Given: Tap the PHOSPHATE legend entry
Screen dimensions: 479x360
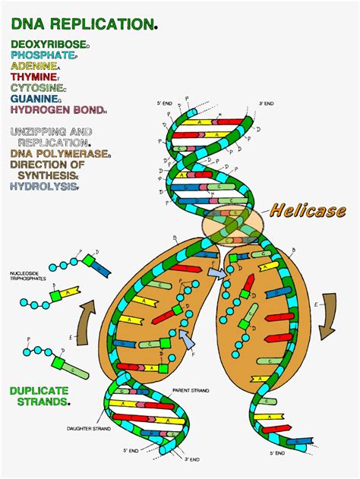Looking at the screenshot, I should coord(43,55).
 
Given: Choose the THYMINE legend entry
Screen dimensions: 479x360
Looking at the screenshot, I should coord(34,77).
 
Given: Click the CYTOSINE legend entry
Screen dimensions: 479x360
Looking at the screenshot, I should coord(37,87).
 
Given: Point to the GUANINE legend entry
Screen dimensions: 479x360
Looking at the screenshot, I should coord(35,98).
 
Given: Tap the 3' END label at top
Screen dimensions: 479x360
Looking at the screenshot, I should coord(265,103).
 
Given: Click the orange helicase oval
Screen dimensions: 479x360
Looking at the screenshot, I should coord(232,225).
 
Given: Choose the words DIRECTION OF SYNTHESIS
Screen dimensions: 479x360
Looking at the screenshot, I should coord(47,170).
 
